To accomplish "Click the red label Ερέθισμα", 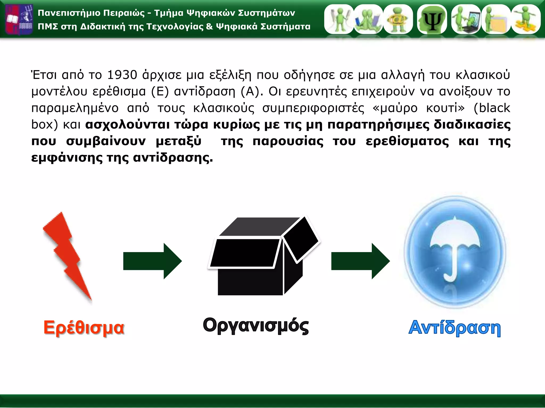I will click(84, 328).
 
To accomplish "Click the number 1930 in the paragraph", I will click(122, 75).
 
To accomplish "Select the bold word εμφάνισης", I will click(67, 158).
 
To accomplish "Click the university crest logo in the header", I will click(19, 19).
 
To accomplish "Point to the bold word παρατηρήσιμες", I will click(378, 125).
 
